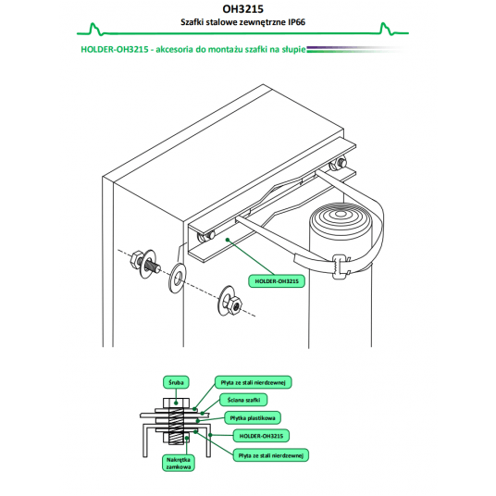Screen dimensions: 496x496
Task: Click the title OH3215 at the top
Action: click(x=242, y=9)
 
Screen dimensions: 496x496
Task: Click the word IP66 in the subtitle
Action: click(x=296, y=22)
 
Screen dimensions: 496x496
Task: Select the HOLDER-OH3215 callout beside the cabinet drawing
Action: click(x=277, y=281)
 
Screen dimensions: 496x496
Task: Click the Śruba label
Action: click(x=176, y=382)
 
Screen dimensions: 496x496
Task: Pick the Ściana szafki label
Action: click(x=243, y=400)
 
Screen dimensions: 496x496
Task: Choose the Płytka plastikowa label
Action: click(x=253, y=418)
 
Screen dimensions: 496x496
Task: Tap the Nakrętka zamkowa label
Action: click(x=179, y=463)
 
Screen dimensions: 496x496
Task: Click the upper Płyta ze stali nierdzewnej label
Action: click(x=253, y=382)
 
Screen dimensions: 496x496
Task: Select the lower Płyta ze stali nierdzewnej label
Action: click(x=271, y=455)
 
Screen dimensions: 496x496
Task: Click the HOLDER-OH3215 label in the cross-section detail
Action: click(x=261, y=436)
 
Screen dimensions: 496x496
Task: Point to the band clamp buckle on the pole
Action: click(x=340, y=267)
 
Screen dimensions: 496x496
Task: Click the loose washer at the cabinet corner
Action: click(x=177, y=278)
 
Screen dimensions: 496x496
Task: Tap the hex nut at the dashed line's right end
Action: click(x=235, y=305)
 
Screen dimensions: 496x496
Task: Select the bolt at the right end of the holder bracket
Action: click(x=339, y=164)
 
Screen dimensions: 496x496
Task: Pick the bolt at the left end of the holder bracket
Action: click(x=205, y=237)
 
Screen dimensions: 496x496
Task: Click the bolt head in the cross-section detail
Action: click(x=176, y=403)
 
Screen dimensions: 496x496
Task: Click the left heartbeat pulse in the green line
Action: click(x=94, y=29)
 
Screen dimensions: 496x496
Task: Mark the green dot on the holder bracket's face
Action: click(x=228, y=240)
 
